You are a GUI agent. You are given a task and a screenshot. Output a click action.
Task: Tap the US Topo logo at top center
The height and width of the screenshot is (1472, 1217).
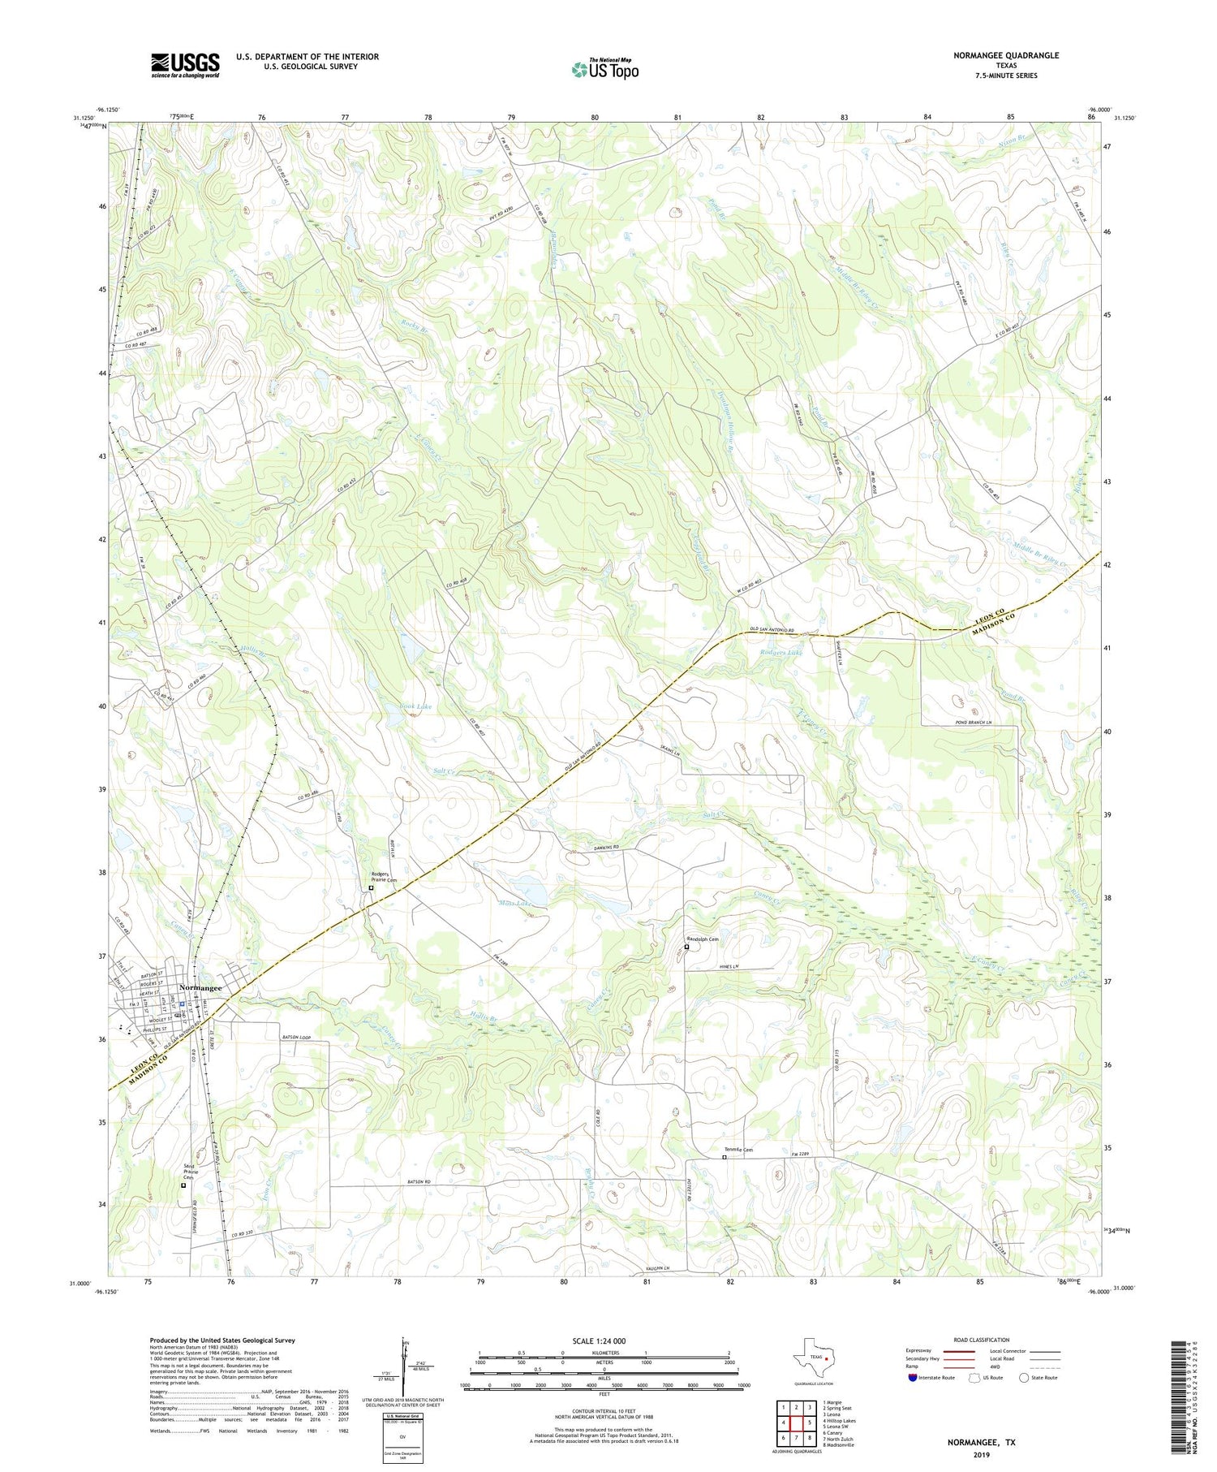(x=604, y=69)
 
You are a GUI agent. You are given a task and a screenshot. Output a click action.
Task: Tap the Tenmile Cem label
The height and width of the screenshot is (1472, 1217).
(x=738, y=1149)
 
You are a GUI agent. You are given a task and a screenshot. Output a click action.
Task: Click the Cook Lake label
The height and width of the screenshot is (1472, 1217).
(x=415, y=706)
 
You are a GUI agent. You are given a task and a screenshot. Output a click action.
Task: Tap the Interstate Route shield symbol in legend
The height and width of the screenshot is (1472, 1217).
(x=913, y=1378)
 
